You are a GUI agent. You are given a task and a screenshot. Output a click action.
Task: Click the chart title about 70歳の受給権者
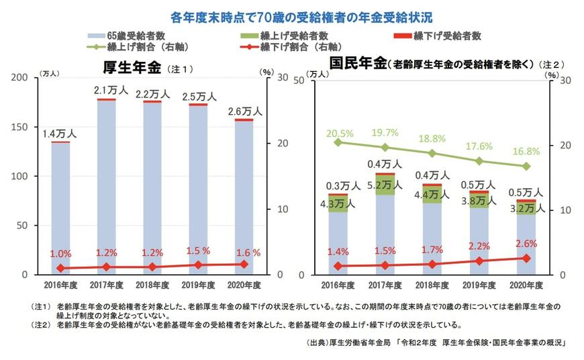[x=291, y=15]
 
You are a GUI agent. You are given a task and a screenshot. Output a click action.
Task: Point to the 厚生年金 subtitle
[x=132, y=68]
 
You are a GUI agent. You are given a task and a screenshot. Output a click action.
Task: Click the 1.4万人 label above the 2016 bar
[x=60, y=133]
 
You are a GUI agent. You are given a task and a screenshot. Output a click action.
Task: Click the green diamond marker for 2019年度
[x=479, y=161]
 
